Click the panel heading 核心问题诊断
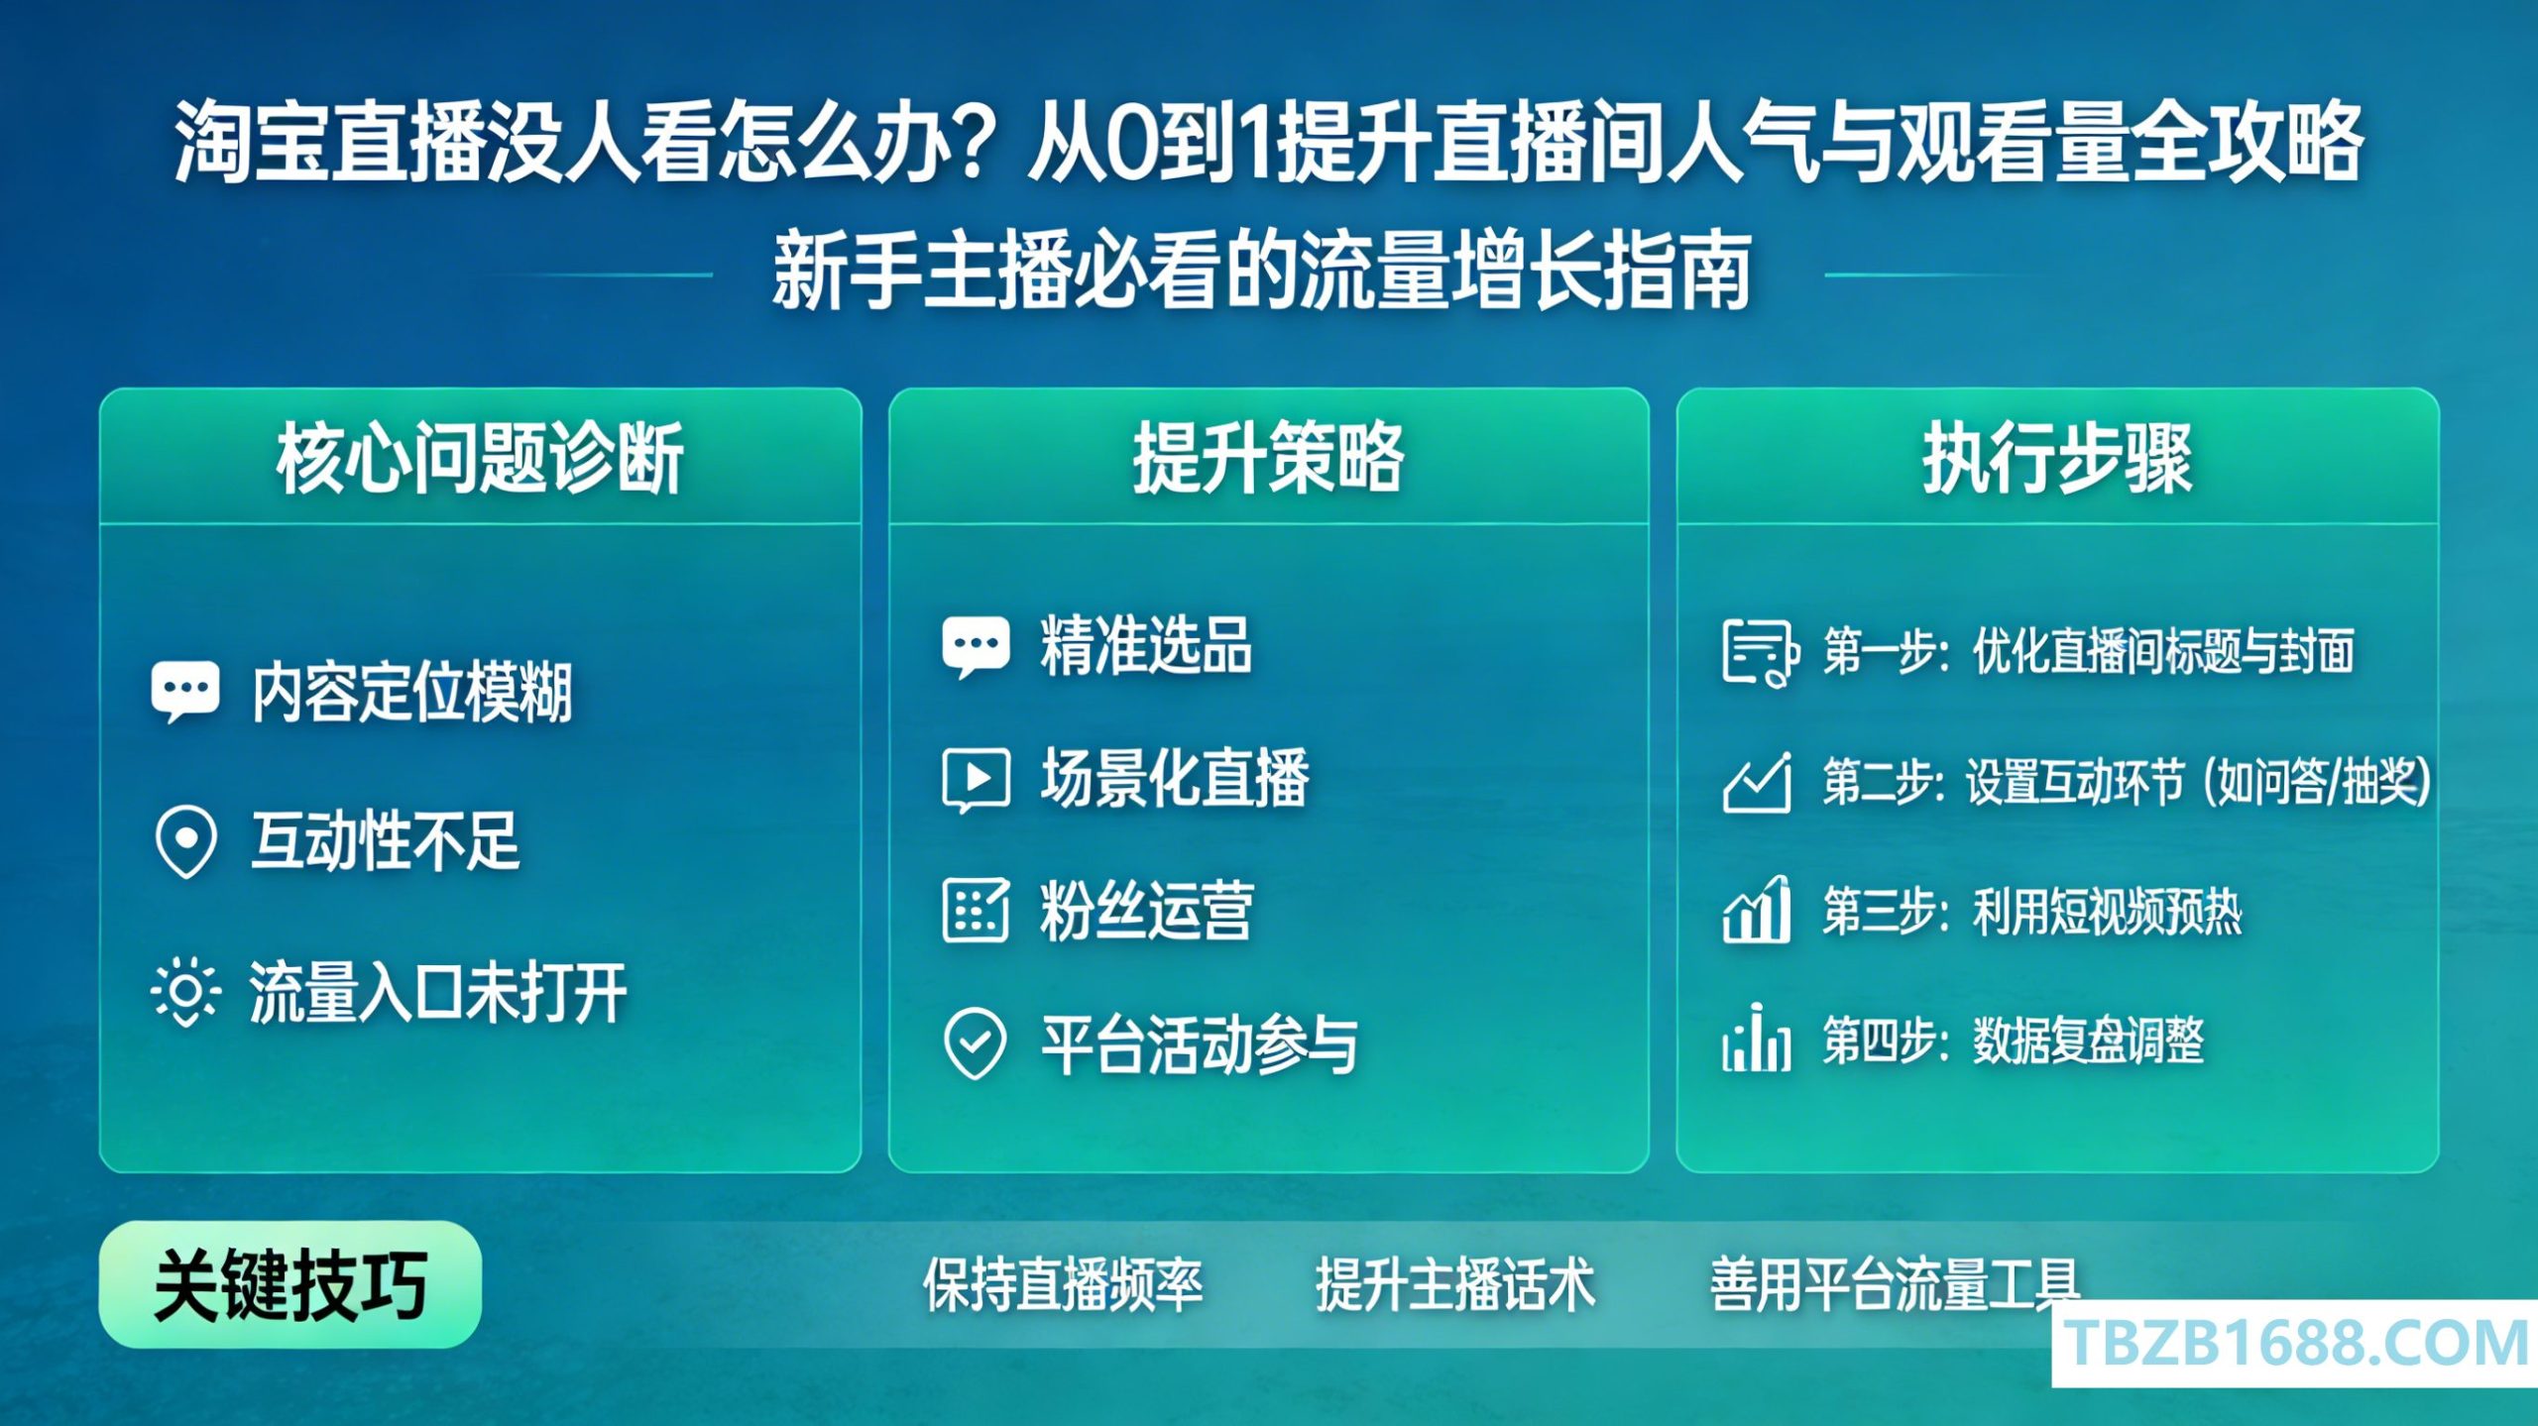pyautogui.click(x=480, y=458)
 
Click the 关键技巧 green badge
pyautogui.click(x=290, y=1284)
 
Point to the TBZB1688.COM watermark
pyautogui.click(x=2295, y=1344)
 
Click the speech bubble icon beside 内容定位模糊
pyautogui.click(x=185, y=692)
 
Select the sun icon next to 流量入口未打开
pyautogui.click(x=185, y=992)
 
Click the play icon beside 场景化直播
pyautogui.click(x=976, y=780)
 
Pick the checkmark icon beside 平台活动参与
pyautogui.click(x=976, y=1043)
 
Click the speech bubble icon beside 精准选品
pyautogui.click(x=976, y=647)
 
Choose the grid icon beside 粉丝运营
pyautogui.click(x=976, y=910)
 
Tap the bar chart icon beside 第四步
pyautogui.click(x=1757, y=1038)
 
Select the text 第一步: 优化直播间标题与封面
pyautogui.click(x=2088, y=651)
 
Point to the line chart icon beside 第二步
pyautogui.click(x=1757, y=782)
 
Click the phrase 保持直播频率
pyautogui.click(x=1063, y=1284)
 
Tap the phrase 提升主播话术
pyautogui.click(x=1455, y=1284)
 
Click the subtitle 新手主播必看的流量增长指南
pyautogui.click(x=1262, y=270)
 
